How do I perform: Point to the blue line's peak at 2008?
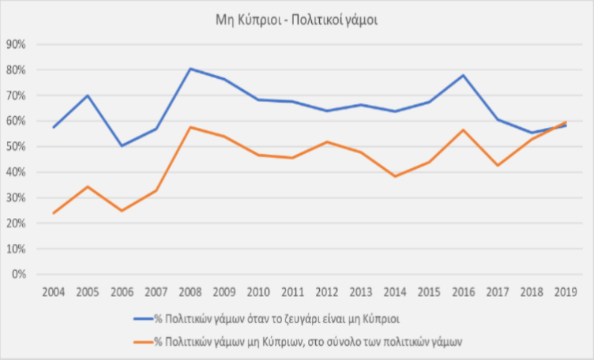coord(190,69)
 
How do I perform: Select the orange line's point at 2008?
coord(190,127)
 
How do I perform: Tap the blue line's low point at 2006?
coord(122,146)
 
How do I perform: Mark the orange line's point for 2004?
coord(53,213)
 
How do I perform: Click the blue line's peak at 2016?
coord(464,75)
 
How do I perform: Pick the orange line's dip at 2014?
coord(395,176)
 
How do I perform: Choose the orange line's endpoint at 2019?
coord(566,122)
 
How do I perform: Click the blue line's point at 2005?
coord(87,96)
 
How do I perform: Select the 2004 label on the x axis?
coord(53,291)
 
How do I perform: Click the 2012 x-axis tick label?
coord(327,291)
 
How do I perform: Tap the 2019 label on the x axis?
coord(566,291)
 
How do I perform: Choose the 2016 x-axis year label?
coord(464,291)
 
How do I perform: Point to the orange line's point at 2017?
coord(498,165)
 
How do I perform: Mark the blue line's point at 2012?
coord(327,111)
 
